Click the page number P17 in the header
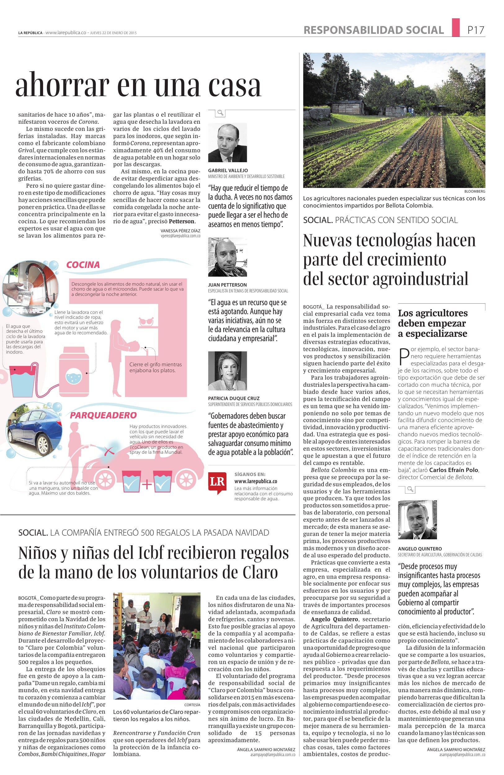click(x=476, y=30)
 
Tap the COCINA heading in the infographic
click(x=83, y=265)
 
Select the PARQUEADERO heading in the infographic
click(x=103, y=415)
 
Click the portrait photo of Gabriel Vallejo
click(x=227, y=143)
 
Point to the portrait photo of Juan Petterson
click(x=227, y=257)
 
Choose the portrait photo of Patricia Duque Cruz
click(x=227, y=371)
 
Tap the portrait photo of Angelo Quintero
click(x=417, y=520)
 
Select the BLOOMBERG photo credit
click(x=475, y=191)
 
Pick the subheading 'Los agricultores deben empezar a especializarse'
click(x=432, y=323)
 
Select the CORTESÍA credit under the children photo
click(x=192, y=705)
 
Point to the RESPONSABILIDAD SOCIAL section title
click(x=373, y=30)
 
